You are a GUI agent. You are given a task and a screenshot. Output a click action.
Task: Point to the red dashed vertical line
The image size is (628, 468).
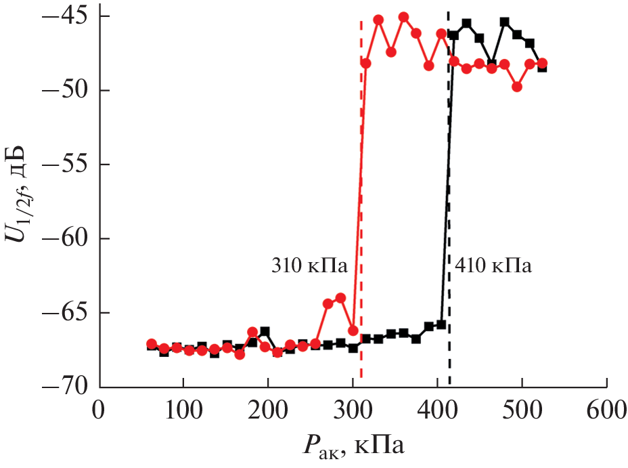[x=361, y=203]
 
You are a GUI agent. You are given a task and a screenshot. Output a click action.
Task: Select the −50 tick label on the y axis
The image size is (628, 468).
[x=66, y=90]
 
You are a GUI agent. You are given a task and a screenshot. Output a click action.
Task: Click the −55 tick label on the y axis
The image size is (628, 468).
[x=66, y=164]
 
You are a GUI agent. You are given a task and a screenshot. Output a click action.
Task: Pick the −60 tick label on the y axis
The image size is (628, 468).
[x=66, y=238]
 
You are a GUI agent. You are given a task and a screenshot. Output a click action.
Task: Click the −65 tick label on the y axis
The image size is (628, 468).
[x=66, y=313]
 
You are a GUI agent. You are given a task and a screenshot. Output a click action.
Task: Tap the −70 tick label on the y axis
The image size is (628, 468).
[x=66, y=387]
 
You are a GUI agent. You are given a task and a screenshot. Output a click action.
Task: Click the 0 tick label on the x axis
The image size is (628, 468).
[x=99, y=410]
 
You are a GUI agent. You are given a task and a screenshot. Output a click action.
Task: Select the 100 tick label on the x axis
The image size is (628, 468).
[x=183, y=410]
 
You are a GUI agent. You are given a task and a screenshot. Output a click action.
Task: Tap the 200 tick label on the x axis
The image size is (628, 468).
[x=268, y=410]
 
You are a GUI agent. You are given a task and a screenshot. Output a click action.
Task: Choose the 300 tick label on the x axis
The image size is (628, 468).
[x=353, y=410]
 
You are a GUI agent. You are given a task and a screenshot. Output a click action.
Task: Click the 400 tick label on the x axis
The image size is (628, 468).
[x=437, y=410]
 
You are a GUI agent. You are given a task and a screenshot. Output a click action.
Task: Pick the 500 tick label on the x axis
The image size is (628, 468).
[x=522, y=410]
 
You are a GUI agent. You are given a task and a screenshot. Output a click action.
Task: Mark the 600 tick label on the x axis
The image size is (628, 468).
[x=606, y=410]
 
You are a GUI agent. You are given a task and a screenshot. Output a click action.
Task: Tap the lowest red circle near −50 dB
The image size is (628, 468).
[x=517, y=87]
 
